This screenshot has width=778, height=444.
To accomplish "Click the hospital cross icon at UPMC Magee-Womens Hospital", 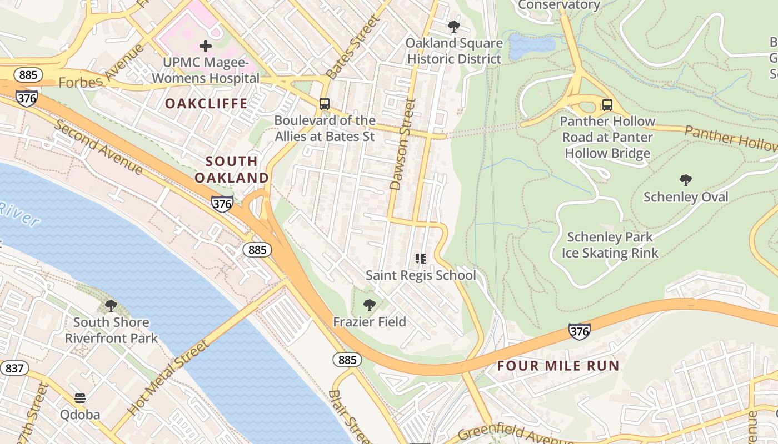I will click(206, 46).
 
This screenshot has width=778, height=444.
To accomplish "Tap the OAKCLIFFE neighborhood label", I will click(206, 104).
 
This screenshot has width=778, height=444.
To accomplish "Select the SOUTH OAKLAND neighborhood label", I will click(232, 169).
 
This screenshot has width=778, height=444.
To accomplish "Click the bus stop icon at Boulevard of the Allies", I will click(325, 104).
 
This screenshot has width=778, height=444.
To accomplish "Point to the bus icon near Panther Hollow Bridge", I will click(607, 104).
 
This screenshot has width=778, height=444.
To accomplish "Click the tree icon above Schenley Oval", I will click(686, 180).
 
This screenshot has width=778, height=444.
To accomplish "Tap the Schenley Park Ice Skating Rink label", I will click(610, 245).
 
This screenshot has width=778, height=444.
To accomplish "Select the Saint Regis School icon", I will click(421, 259).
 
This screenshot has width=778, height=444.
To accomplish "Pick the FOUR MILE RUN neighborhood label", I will click(558, 366).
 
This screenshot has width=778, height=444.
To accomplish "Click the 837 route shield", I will click(14, 368).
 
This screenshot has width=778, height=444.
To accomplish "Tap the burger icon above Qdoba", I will click(80, 398).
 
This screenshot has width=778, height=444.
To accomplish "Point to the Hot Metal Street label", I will click(169, 377).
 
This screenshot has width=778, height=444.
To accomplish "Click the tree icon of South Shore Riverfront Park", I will click(111, 306).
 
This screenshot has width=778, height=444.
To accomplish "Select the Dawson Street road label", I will click(403, 144).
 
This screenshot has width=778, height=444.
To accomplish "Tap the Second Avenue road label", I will click(99, 147).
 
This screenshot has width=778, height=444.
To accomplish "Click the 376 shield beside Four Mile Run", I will click(579, 332).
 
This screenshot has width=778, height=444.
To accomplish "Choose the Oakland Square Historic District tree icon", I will click(454, 26).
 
